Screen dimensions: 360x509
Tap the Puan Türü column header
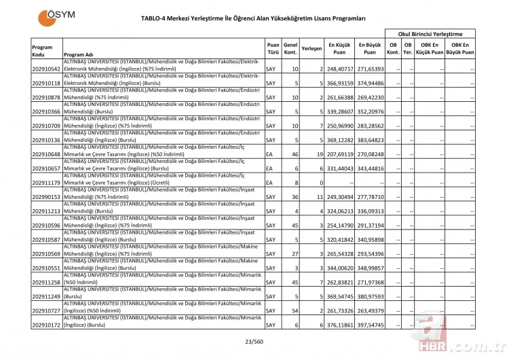273,48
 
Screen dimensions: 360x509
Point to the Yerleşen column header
312,48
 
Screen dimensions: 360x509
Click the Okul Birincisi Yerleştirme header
430,33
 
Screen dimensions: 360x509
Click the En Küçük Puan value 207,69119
339,154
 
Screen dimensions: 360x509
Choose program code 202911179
46,183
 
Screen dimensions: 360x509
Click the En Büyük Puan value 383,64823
371,140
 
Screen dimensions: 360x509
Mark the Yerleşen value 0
320,183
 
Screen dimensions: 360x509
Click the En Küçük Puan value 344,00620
339,268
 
